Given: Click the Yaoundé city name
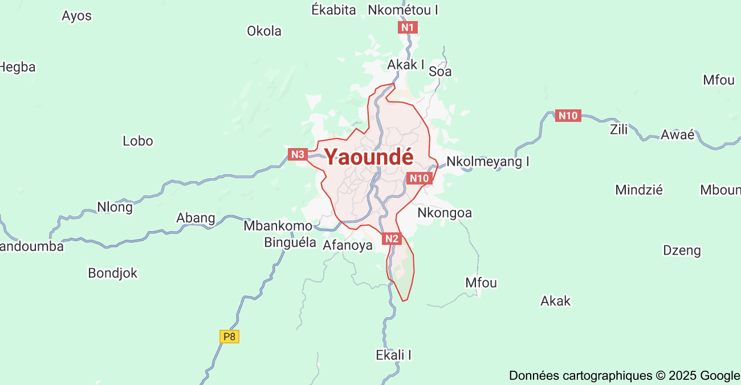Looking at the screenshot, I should point(369,157).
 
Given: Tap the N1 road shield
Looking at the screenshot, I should point(408,27).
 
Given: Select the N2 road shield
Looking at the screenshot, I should point(392,239).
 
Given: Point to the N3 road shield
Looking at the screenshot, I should point(298,154).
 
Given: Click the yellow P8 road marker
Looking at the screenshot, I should point(229,337).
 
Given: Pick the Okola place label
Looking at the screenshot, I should point(264,31).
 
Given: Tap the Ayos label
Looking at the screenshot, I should point(76,16).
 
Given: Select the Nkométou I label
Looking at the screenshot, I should point(403,10).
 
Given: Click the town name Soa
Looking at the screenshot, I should point(440,71).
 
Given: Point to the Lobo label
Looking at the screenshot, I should point(138,141).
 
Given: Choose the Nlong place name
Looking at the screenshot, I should point(115,207).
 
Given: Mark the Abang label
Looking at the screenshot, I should point(196,218).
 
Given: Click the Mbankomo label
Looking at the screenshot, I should point(278,226).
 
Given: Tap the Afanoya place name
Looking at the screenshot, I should point(347,245).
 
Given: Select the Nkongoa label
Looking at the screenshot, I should point(445,213).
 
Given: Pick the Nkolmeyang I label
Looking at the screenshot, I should point(487,162).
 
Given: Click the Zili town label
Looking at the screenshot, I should point(618,129).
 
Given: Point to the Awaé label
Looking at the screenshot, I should point(677,135).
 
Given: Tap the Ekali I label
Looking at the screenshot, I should point(393,355).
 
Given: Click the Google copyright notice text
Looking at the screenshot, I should point(624,376).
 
